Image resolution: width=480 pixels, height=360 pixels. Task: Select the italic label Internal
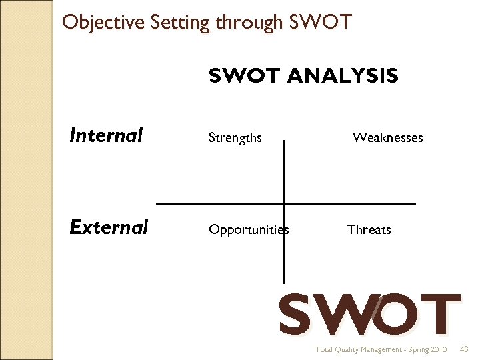(x=106, y=136)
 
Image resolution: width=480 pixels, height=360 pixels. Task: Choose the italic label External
(x=109, y=227)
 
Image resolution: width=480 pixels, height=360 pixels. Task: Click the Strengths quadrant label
(x=235, y=138)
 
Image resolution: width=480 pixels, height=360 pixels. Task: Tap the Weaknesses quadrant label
(x=387, y=138)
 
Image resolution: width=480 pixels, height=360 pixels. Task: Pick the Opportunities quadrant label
(x=249, y=230)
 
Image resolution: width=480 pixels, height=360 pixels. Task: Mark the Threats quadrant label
(x=369, y=230)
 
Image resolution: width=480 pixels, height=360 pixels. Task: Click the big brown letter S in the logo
(x=295, y=314)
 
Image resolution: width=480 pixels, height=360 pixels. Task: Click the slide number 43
(x=465, y=349)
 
